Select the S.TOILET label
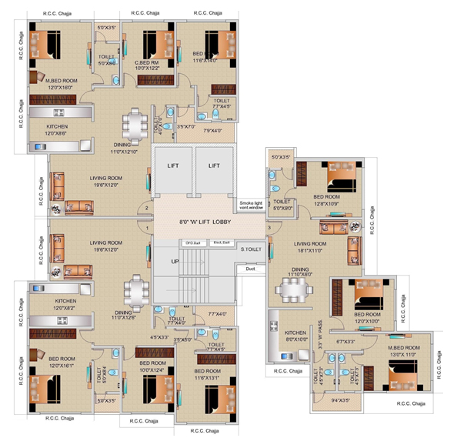250,249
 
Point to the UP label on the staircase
175,262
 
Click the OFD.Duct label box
192,243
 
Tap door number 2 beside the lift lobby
146,207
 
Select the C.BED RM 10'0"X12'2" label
147,65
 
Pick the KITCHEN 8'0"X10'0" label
295,336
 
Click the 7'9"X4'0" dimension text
212,130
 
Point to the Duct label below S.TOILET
251,269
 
